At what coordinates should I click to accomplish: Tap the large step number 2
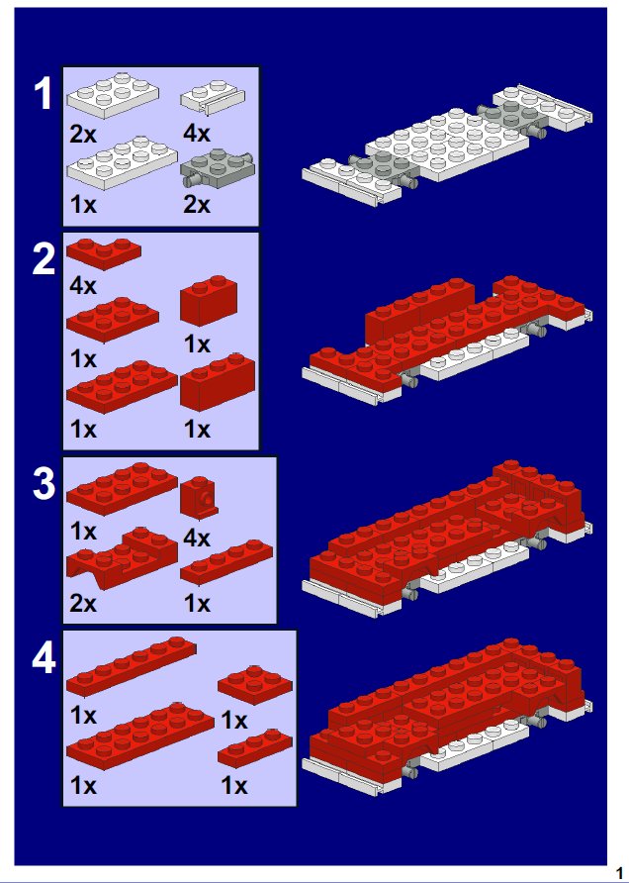coord(44,260)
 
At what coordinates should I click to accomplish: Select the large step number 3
coord(44,485)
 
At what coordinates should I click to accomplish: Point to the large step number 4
coord(44,659)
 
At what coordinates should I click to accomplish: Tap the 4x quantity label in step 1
coord(197,134)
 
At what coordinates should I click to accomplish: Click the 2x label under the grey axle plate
coord(197,205)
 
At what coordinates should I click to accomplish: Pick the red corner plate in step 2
coord(104,252)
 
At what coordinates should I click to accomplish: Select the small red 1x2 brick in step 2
coord(208,301)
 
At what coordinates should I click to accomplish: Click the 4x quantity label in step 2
coord(83,286)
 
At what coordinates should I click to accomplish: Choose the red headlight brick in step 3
coord(199,495)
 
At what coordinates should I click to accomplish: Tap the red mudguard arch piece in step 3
coord(122,558)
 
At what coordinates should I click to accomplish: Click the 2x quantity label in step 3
coord(83,604)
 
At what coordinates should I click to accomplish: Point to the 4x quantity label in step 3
coord(197,540)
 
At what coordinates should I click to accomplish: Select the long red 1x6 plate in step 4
coord(132,667)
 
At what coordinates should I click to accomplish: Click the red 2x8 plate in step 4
coord(140,736)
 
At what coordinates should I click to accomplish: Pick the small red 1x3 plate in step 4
coord(255,749)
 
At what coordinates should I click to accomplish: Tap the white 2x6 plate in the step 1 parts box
coord(122,162)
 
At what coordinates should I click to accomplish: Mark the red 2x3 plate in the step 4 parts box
coord(255,685)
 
